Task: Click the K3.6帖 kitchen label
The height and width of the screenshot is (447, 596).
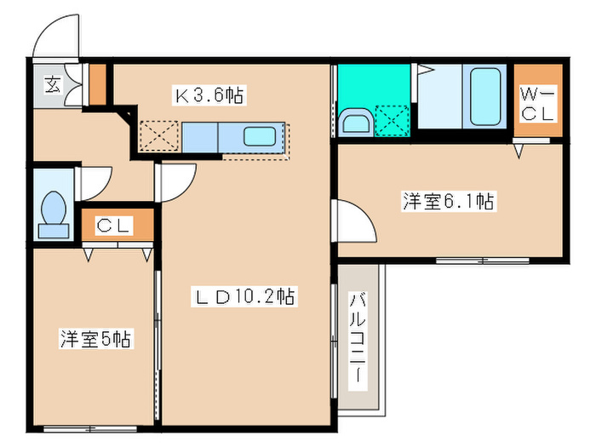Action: (x=209, y=96)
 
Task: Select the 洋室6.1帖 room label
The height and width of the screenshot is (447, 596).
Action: (x=449, y=202)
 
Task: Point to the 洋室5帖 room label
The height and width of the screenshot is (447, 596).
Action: (x=95, y=339)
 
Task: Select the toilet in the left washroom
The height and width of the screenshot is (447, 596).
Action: (x=54, y=212)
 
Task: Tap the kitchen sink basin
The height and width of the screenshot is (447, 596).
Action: (x=259, y=136)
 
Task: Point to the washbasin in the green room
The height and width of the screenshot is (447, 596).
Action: (x=353, y=123)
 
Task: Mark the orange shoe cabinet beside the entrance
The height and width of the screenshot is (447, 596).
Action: (x=98, y=83)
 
